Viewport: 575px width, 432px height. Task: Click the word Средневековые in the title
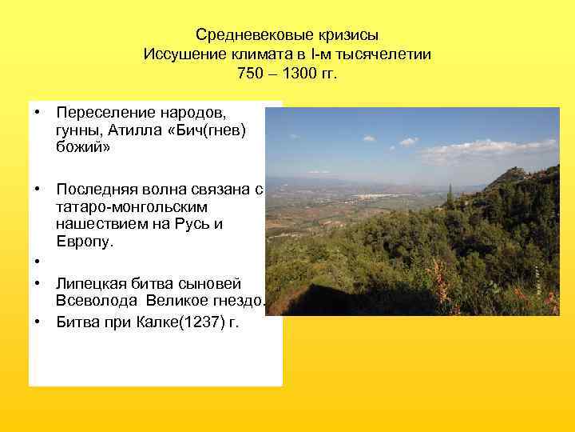(x=241, y=36)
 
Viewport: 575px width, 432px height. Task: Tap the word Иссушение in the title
(x=178, y=55)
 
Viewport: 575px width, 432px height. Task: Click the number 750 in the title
(x=250, y=74)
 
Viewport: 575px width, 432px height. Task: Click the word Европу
(x=83, y=242)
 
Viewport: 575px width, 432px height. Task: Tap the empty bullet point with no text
(x=37, y=262)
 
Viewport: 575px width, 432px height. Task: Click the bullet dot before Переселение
(x=37, y=113)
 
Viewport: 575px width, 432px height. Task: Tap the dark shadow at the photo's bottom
(x=319, y=300)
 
